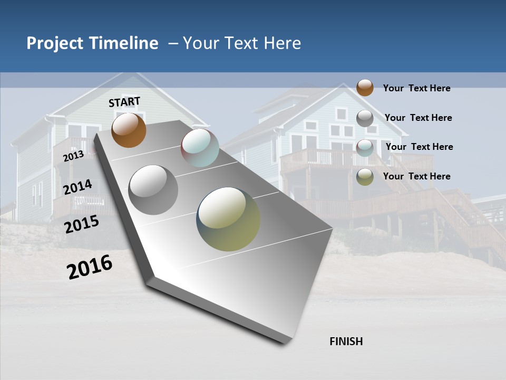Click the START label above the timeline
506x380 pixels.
tap(124, 102)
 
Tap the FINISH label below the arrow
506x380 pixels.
tap(346, 341)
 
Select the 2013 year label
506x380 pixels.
tap(73, 156)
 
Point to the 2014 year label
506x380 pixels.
tap(77, 187)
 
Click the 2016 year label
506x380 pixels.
tap(90, 267)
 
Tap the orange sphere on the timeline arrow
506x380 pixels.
tap(129, 130)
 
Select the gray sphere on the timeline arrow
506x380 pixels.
tap(153, 190)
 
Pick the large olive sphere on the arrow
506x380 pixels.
tap(228, 219)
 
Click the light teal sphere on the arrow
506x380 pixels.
tap(200, 148)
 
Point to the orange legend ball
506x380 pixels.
tap(365, 88)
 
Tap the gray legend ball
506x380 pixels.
tap(365, 118)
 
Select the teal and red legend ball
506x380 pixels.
tap(365, 147)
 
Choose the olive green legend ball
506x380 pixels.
tap(365, 177)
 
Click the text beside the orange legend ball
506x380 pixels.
tap(416, 88)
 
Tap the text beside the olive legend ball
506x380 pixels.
tap(416, 176)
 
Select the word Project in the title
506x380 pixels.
tap(54, 43)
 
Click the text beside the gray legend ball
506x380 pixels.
tap(418, 118)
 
